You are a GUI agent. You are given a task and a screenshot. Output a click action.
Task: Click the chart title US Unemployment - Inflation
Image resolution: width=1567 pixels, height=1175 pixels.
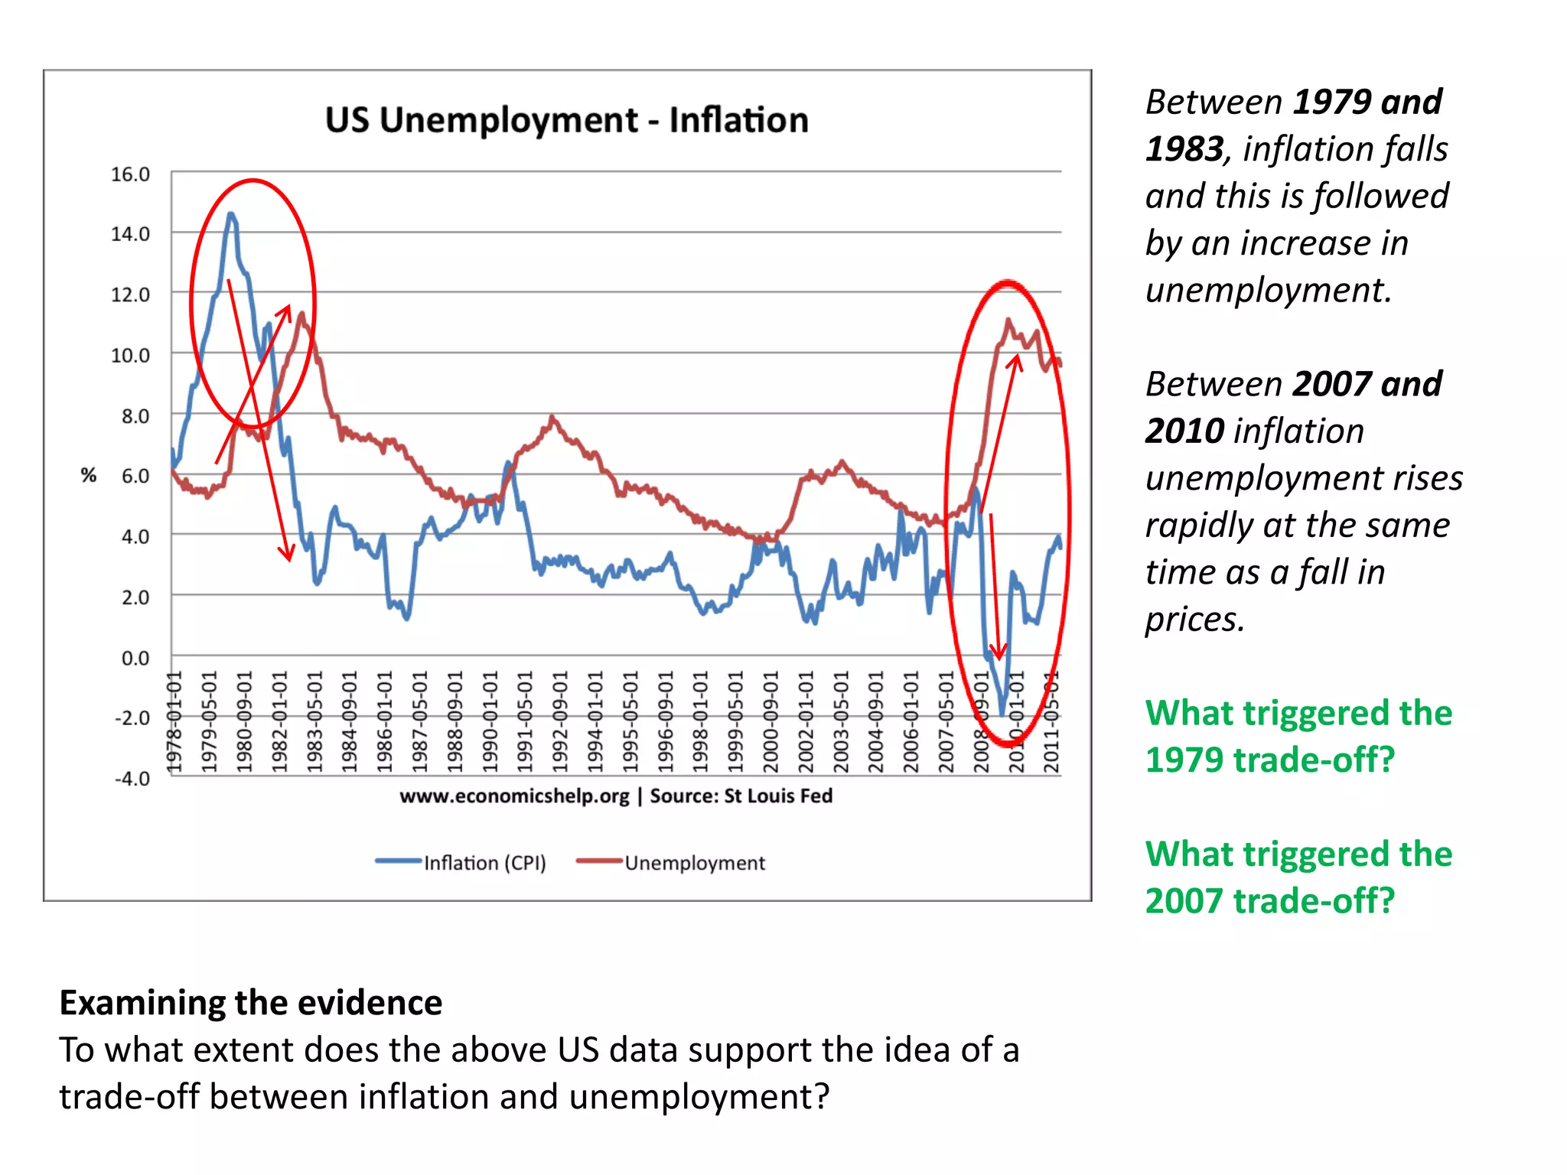(566, 120)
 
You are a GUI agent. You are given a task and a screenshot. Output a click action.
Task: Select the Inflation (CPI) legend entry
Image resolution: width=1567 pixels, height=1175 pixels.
(484, 863)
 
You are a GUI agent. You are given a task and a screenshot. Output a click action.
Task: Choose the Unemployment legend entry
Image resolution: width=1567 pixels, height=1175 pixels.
(693, 863)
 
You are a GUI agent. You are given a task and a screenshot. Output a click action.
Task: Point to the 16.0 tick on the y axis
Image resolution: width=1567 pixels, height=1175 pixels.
(130, 174)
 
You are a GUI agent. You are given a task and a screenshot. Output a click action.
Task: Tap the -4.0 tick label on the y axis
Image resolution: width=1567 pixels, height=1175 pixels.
(132, 778)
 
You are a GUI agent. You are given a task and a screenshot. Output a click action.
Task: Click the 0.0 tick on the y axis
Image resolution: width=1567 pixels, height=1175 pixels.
(135, 658)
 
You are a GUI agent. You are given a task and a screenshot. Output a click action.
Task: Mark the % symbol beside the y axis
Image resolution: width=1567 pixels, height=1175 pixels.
(89, 475)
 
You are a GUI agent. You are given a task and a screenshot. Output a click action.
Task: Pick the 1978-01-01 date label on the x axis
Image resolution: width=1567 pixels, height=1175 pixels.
(175, 722)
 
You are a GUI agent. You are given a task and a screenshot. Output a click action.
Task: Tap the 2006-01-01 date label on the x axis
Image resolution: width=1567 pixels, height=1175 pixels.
(911, 722)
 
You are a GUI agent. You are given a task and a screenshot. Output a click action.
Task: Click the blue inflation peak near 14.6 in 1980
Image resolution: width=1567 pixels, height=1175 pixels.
(230, 214)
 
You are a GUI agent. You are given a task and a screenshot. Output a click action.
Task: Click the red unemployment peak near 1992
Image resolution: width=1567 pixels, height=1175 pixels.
(552, 418)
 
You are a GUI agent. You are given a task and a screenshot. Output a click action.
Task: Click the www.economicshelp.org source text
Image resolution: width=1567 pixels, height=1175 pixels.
(514, 796)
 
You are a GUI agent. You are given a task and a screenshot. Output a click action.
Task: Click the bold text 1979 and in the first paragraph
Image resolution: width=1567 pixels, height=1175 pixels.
(1367, 103)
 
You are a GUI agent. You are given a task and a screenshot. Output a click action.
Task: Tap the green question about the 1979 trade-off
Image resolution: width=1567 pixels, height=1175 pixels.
(1298, 736)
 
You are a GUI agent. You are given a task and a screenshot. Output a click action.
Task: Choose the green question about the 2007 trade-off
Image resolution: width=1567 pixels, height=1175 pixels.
(1298, 877)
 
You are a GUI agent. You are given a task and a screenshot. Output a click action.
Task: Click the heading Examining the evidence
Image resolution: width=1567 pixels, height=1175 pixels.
(251, 1003)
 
